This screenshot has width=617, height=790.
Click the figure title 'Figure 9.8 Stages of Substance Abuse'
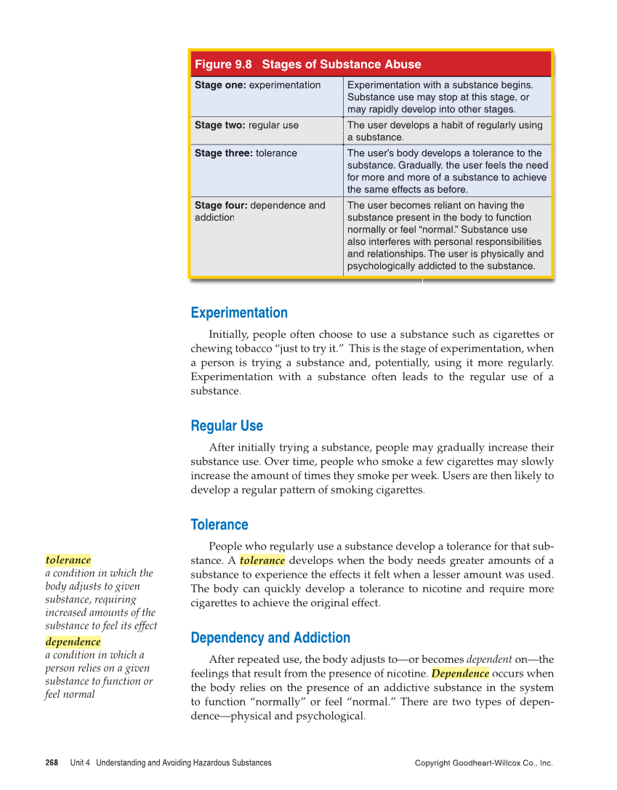coord(307,65)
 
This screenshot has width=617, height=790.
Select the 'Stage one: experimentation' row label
coord(257,85)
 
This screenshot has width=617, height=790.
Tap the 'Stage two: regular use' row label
coord(246,125)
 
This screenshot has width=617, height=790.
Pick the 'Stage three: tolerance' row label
coord(246,153)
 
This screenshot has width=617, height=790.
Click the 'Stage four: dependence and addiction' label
coord(259,211)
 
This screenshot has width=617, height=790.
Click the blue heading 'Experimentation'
coord(239,313)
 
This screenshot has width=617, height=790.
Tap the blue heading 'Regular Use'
coord(227,426)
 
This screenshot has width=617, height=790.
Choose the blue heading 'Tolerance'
coord(219,525)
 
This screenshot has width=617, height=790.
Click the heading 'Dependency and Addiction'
coord(270,638)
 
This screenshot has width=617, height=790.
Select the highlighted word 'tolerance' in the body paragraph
coord(262,560)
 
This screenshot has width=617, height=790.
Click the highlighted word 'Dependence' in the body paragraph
coord(460,674)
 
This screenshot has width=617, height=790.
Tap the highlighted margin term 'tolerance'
coord(68,560)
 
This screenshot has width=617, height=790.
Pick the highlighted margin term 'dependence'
coord(73,642)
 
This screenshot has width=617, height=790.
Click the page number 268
coord(52,763)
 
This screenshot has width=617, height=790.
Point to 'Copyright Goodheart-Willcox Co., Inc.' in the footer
coord(483,763)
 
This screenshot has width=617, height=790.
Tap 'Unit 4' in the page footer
coord(80,763)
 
